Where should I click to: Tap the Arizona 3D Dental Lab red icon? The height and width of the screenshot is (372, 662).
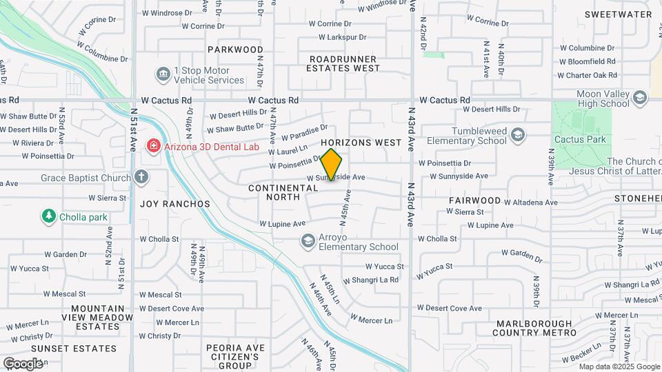click(152, 146)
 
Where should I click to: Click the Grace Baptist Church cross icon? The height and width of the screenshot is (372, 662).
click(141, 178)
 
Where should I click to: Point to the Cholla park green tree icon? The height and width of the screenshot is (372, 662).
click(48, 216)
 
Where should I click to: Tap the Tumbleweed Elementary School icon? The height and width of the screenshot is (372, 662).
click(518, 135)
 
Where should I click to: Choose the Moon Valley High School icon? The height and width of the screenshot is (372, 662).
click(640, 99)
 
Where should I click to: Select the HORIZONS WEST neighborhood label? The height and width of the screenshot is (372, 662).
click(361, 143)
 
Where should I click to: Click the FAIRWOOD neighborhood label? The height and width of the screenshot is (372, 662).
click(474, 200)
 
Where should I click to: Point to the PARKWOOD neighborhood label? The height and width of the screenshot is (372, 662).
click(235, 50)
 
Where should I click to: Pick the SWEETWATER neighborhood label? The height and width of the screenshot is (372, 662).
click(618, 14)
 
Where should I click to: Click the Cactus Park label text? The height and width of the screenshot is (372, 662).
click(585, 139)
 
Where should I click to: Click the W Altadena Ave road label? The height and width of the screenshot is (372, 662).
click(530, 203)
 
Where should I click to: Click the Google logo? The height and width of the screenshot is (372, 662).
click(23, 363)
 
